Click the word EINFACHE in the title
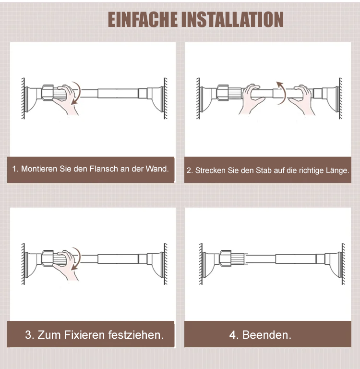click(143, 20)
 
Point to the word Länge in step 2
click(337, 171)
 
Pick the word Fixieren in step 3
click(84, 334)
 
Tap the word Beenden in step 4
click(267, 334)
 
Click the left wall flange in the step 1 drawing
click(31, 98)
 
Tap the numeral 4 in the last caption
click(232, 334)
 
